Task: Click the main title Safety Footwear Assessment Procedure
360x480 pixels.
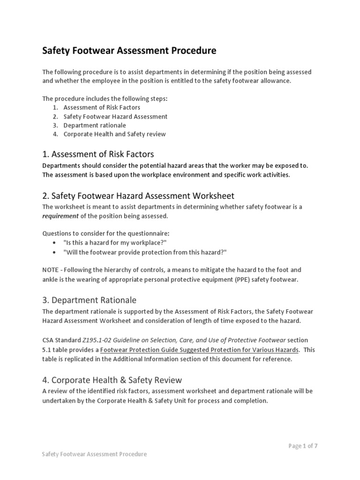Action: [x=129, y=51]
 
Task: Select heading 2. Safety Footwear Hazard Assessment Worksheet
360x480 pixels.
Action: [x=138, y=195]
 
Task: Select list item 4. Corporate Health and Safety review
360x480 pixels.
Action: [x=114, y=134]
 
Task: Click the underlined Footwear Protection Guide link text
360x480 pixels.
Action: [x=199, y=350]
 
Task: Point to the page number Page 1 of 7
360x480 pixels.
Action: [x=303, y=446]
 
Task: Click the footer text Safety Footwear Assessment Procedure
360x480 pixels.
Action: [x=94, y=454]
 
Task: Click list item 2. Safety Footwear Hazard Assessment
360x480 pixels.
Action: [x=115, y=116]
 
